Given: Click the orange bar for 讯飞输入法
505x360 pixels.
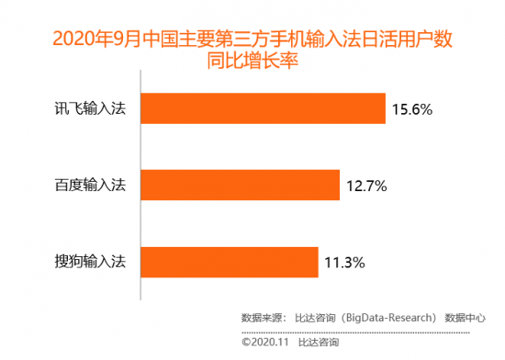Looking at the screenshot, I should (x=263, y=108).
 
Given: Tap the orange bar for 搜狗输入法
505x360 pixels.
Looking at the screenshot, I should (x=230, y=263).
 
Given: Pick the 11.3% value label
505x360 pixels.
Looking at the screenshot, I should (x=346, y=264).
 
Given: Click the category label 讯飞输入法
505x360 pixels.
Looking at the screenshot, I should (x=95, y=109).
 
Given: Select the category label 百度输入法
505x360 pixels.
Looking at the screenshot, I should (x=95, y=186).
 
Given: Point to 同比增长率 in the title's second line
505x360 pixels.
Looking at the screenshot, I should (x=254, y=62).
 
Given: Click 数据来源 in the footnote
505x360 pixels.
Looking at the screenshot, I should (x=261, y=319).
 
